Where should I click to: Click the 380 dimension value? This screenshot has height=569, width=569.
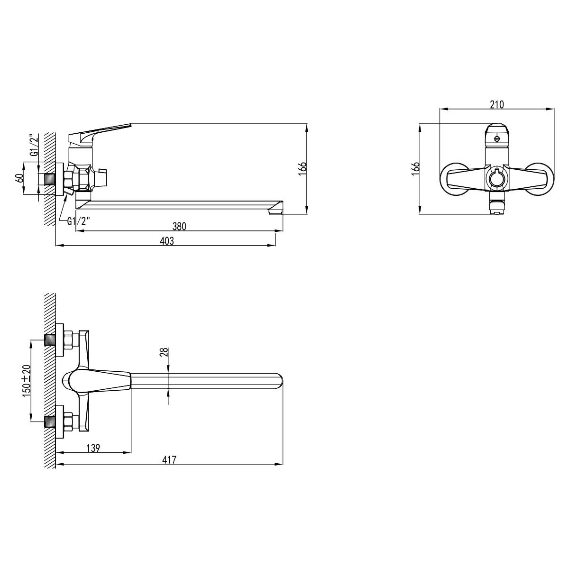click(x=179, y=227)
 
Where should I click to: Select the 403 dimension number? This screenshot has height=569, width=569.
click(x=167, y=241)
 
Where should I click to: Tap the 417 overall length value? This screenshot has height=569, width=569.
click(x=169, y=460)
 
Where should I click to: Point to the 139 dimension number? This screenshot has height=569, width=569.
click(x=93, y=448)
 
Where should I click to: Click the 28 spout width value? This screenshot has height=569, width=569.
click(x=164, y=352)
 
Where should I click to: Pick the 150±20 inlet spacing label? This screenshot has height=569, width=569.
click(x=27, y=381)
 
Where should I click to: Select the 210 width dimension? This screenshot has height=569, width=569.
click(x=497, y=104)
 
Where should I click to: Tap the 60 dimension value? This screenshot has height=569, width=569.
click(x=19, y=179)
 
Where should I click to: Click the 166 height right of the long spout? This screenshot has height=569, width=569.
click(x=303, y=169)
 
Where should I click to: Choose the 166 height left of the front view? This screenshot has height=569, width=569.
click(x=415, y=169)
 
